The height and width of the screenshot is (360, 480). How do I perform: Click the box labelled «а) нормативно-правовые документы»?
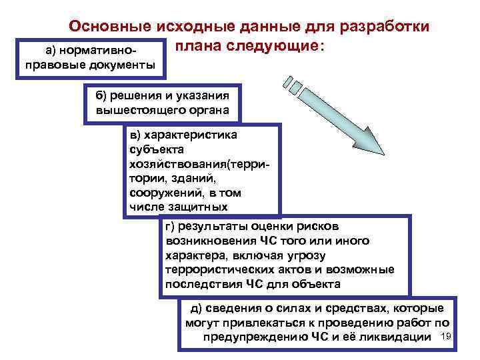coord(90,59)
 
